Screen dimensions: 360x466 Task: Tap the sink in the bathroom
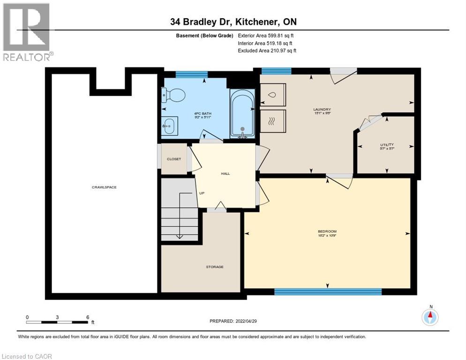(x=168, y=126)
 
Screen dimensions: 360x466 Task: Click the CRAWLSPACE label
(x=104, y=187)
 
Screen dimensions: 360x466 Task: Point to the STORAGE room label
(x=215, y=267)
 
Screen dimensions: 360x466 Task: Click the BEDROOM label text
(x=327, y=232)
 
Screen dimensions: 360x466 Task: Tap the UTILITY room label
(x=387, y=145)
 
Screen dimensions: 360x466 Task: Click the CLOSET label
(x=174, y=159)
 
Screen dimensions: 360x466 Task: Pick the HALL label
(x=225, y=173)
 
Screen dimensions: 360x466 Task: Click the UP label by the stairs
(x=202, y=193)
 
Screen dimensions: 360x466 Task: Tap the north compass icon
(x=430, y=317)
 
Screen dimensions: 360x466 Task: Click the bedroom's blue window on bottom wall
(x=328, y=292)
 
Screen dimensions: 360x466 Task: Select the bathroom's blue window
(x=192, y=74)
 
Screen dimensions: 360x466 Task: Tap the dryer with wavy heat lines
(x=273, y=121)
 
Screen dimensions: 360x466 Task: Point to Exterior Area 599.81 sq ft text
(x=266, y=35)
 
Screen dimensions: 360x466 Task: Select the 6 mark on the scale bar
(x=88, y=317)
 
